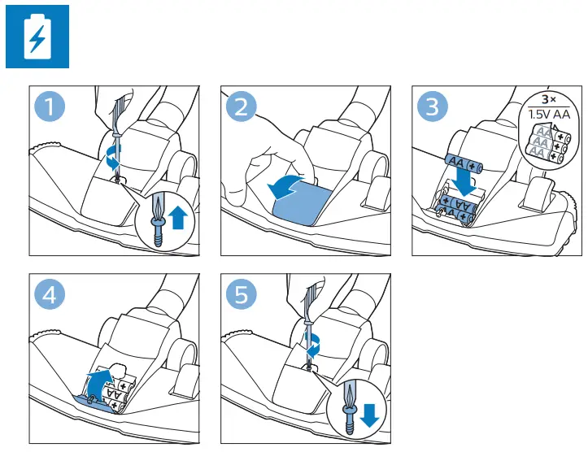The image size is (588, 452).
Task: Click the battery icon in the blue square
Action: coord(37,37)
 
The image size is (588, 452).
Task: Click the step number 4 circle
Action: coord(50,294)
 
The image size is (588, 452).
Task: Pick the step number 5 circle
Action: coord(241,294)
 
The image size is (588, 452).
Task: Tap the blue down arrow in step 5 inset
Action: coord(369,415)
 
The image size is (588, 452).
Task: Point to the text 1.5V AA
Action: coord(549,114)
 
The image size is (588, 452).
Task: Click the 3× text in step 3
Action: coord(549,100)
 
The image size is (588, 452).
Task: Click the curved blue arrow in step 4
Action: coord(98,382)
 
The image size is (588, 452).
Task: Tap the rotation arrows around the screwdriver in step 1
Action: coord(112,158)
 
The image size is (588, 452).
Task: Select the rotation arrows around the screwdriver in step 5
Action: coord(313,346)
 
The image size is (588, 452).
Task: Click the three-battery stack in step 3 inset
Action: coord(548,145)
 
